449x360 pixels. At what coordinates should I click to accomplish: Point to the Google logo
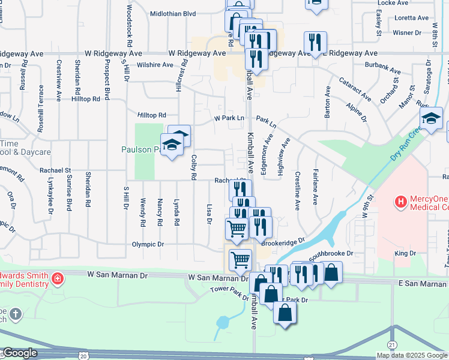click(x=20, y=353)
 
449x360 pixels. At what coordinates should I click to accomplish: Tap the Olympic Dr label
click(x=148, y=244)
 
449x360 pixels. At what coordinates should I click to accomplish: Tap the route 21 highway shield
click(x=392, y=344)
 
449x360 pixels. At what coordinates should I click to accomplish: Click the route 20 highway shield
click(x=82, y=356)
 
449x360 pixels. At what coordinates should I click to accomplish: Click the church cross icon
click(x=16, y=313)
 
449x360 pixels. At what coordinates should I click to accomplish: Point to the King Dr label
click(x=405, y=254)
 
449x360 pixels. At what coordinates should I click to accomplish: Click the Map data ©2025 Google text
click(x=412, y=355)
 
